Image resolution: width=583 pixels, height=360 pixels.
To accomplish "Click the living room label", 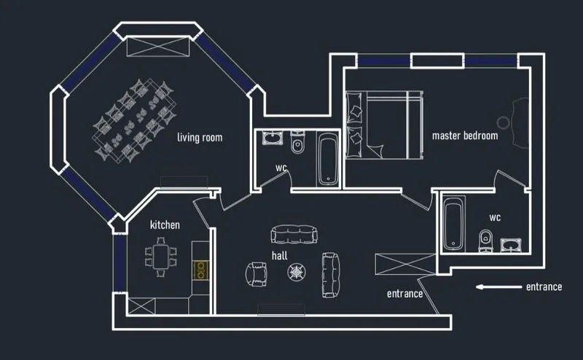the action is (200, 138).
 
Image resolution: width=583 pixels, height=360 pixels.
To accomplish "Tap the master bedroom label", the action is (465, 136).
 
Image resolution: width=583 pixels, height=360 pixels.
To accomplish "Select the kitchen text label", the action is (165, 224).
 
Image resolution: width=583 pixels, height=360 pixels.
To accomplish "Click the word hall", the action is (280, 255).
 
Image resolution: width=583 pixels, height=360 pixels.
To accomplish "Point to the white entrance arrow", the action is (498, 286).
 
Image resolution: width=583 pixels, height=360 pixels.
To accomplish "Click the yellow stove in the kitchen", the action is (200, 270).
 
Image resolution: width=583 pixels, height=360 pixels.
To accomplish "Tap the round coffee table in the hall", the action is (297, 273).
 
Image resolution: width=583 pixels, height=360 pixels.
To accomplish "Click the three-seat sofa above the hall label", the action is (294, 235).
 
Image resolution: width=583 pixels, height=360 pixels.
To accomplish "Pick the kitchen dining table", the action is (161, 257).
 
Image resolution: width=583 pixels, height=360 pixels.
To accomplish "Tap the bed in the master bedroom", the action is (385, 125).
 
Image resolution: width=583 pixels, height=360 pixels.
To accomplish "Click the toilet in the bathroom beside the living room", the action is (297, 141).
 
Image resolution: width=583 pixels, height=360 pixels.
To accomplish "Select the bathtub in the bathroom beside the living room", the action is (329, 160).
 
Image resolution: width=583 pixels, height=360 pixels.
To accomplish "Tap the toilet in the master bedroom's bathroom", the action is (485, 240).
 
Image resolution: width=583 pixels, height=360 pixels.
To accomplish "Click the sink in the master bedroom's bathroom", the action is (511, 245).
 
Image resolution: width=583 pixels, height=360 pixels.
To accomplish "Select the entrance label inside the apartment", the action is (405, 294).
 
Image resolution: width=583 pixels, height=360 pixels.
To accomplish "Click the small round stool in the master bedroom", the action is (503, 122).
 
